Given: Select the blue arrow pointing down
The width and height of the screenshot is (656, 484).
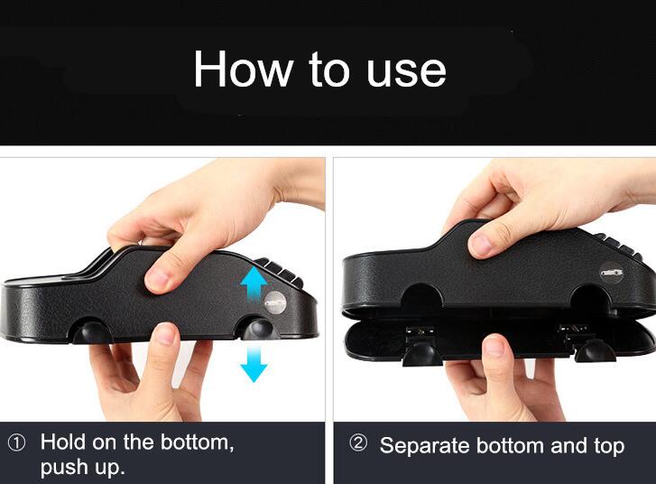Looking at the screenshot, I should click(254, 362).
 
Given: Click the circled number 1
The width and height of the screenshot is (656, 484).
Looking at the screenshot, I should click(17, 442).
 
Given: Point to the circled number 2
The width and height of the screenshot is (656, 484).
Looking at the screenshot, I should click(358, 444).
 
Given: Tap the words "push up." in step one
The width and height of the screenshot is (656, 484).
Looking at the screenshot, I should click(83, 468).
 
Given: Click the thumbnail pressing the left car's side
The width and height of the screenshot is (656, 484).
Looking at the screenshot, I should click(160, 281).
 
